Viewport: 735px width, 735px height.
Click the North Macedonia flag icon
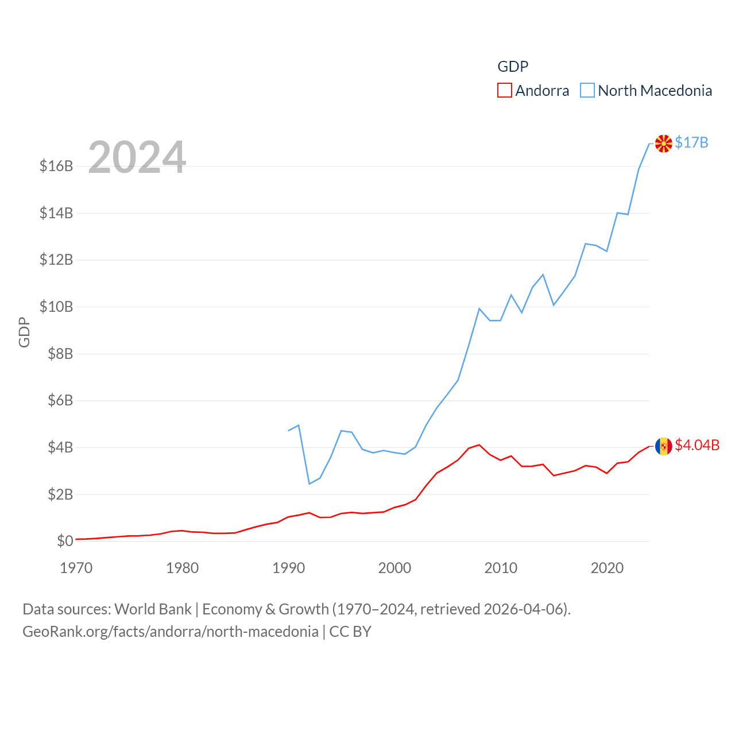pyautogui.click(x=663, y=144)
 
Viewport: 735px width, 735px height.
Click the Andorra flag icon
pyautogui.click(x=663, y=446)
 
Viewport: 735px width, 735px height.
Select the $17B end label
pyautogui.click(x=691, y=142)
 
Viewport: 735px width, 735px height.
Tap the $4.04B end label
pyautogui.click(x=697, y=445)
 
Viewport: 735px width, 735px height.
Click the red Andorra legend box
pyautogui.click(x=504, y=90)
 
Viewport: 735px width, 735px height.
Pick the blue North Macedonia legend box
pyautogui.click(x=587, y=90)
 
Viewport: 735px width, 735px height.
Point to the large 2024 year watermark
pyautogui.click(x=137, y=157)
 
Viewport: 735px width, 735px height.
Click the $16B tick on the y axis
pyautogui.click(x=56, y=167)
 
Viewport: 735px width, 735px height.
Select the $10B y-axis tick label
pyautogui.click(x=56, y=307)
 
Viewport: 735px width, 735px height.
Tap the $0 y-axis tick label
pyautogui.click(x=65, y=541)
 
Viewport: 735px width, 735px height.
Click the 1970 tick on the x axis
pyautogui.click(x=76, y=568)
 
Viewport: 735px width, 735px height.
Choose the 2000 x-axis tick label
pyautogui.click(x=394, y=568)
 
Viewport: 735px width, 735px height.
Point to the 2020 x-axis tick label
pyautogui.click(x=607, y=568)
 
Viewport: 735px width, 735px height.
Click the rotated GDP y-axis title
pyautogui.click(x=24, y=332)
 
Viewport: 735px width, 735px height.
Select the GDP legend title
pyautogui.click(x=513, y=67)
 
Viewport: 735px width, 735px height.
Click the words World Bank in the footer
pyautogui.click(x=153, y=609)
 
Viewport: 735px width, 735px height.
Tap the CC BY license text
pyautogui.click(x=350, y=632)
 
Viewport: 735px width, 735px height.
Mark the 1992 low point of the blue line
pyautogui.click(x=310, y=483)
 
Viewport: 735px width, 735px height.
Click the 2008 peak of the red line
pyautogui.click(x=479, y=445)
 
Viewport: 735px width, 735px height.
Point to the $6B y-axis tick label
pyautogui.click(x=60, y=400)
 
